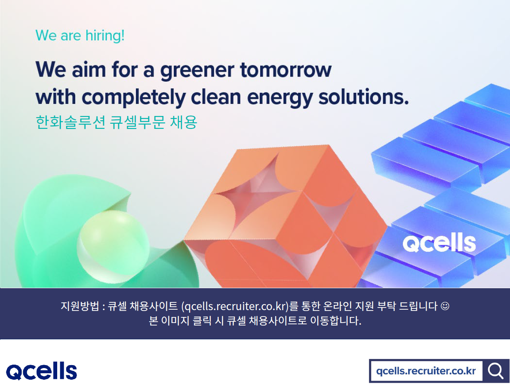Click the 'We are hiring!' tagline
(x=80, y=35)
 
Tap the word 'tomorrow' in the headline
(x=286, y=70)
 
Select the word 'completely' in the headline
(x=133, y=97)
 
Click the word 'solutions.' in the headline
(x=363, y=97)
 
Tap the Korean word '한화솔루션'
(x=70, y=122)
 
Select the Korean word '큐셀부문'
(x=138, y=122)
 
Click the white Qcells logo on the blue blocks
(x=439, y=243)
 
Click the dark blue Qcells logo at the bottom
(x=42, y=371)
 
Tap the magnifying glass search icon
(x=495, y=371)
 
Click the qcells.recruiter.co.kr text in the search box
(x=426, y=371)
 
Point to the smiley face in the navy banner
(x=445, y=306)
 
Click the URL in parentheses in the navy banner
(x=235, y=306)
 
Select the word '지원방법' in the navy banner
(x=80, y=306)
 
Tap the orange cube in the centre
(x=286, y=216)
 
